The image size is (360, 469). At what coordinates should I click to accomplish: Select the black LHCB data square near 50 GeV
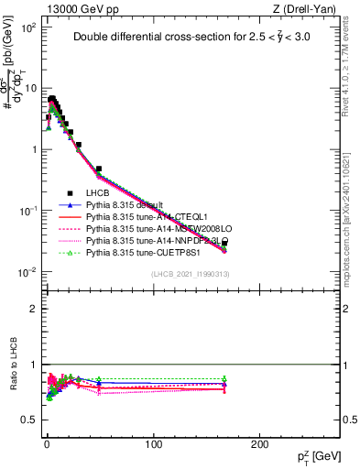point(99,169)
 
